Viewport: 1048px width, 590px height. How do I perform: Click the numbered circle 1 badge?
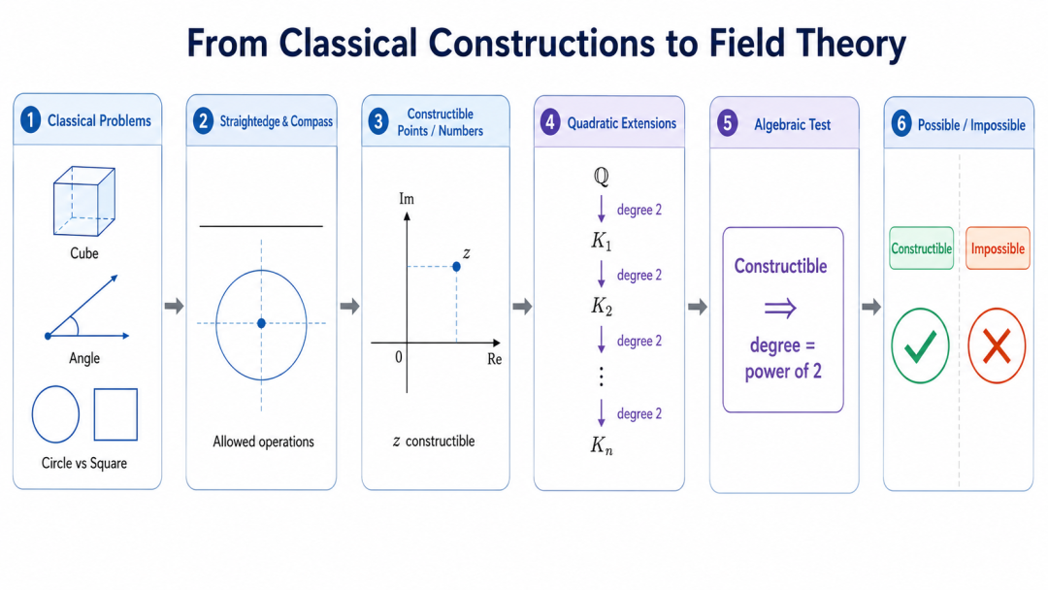coord(30,120)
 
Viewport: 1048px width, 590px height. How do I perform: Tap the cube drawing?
coord(84,201)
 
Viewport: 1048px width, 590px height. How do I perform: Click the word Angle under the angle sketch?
coord(84,358)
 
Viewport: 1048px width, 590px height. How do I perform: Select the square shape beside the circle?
coord(115,414)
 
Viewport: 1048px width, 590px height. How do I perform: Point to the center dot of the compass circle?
coord(261,323)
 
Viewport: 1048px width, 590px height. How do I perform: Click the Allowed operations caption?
coord(263,442)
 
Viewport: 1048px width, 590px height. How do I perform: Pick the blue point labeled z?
coord(456,267)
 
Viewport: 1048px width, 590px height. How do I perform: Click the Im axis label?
coord(407,199)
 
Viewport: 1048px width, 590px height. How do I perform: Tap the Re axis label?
coord(495,359)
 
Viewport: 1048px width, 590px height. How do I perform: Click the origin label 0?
coord(399,357)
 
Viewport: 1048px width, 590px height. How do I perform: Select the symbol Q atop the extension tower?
coord(601,177)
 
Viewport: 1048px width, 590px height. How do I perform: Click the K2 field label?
coord(602,306)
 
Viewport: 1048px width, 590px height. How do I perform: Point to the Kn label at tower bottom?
coord(602,445)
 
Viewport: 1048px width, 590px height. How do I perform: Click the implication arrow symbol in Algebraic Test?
coord(780,308)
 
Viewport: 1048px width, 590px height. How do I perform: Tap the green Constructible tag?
coord(921,248)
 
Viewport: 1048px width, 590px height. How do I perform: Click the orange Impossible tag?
coord(998,248)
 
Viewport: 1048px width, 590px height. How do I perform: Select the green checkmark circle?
coord(920,345)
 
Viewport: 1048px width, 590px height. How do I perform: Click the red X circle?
coord(997,345)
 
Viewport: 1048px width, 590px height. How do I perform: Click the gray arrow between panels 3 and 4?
coord(522,307)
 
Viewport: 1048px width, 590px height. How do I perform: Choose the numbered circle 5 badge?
coord(727,123)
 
